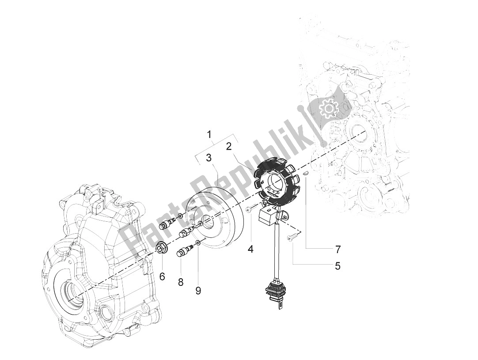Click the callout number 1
coord(210,134)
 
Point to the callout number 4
coord(250,249)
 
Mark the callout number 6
coord(162,276)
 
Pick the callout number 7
coord(338,249)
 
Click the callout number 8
coord(181,281)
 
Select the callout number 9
coord(198,290)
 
